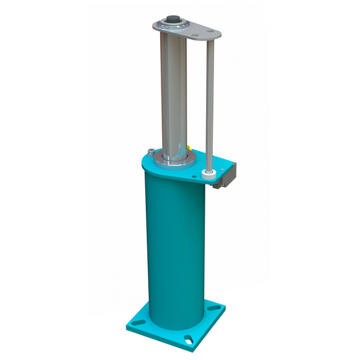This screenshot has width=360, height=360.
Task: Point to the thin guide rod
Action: click(x=211, y=101)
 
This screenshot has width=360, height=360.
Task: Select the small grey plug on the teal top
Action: click(x=149, y=152)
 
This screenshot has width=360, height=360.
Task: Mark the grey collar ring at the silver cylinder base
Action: click(x=174, y=159)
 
